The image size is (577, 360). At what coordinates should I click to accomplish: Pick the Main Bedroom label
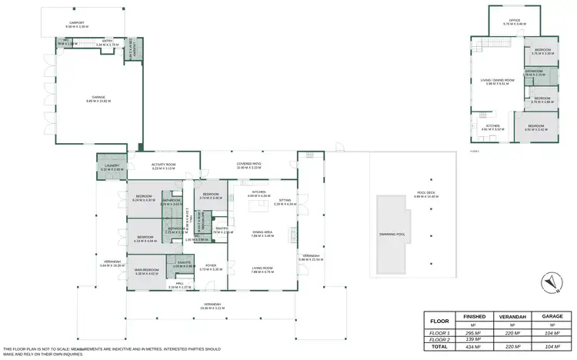[146, 271]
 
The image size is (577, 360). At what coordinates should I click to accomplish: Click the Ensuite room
[184, 265]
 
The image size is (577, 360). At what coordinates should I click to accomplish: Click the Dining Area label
[262, 234]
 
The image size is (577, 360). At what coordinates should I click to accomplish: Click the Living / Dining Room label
[496, 82]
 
